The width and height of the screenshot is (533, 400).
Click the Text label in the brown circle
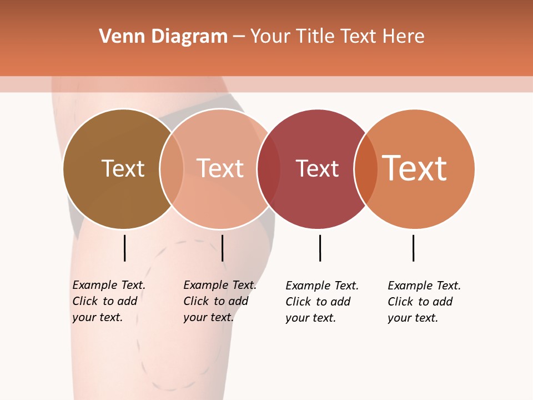(x=123, y=168)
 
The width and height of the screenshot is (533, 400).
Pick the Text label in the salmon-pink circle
(x=220, y=168)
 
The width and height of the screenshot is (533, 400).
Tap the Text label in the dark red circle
(x=317, y=168)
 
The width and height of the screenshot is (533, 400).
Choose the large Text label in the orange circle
(x=414, y=168)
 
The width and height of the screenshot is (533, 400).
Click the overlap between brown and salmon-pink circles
(x=172, y=168)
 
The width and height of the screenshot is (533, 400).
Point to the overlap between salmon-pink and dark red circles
(x=269, y=168)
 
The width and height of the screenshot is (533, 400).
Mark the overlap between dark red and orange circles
(x=366, y=168)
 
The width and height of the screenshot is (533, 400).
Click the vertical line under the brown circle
(x=125, y=248)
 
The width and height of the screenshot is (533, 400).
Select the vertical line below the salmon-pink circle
(x=222, y=248)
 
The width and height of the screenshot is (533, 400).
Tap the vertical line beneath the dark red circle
(x=320, y=248)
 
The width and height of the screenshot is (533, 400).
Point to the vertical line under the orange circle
(x=413, y=248)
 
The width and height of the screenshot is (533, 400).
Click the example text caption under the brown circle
(x=108, y=301)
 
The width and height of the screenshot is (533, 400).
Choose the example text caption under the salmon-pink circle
(x=219, y=301)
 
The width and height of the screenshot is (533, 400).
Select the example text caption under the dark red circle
(x=321, y=302)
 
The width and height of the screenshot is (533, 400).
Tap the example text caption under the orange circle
(x=424, y=302)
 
